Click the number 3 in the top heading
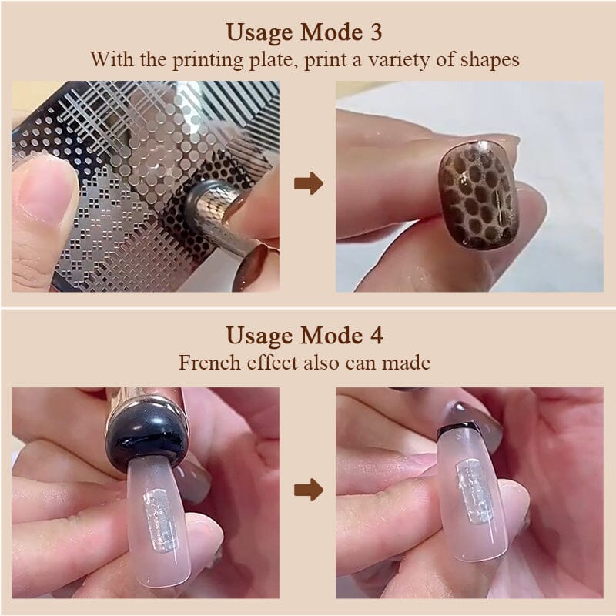[x=376, y=32]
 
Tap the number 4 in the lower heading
[x=377, y=336]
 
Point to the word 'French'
[x=209, y=362]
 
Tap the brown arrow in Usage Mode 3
[x=309, y=183]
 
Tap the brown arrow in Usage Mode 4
[x=309, y=490]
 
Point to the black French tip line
[x=457, y=427]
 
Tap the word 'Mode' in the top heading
[x=331, y=32]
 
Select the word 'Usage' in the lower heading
[x=259, y=336]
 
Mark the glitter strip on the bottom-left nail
[x=159, y=518]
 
